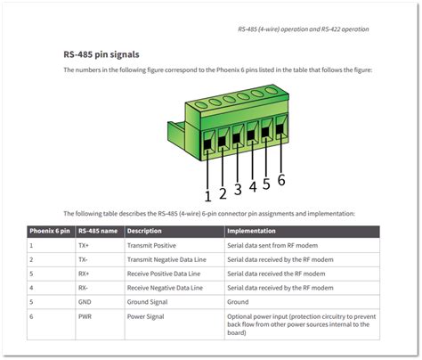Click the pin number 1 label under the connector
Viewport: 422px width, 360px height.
coord(207,196)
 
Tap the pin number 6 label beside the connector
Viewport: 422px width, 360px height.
coord(282,180)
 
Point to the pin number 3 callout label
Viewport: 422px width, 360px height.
coord(238,189)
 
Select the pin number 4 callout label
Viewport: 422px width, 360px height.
coord(253,186)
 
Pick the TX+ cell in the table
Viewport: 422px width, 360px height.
coord(84,245)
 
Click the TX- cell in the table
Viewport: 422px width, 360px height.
coord(83,259)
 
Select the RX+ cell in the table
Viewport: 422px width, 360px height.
coord(84,274)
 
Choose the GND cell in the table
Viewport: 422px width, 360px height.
coord(85,302)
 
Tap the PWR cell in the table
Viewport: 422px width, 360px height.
coord(85,316)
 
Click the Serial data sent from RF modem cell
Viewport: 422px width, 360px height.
coord(271,245)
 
